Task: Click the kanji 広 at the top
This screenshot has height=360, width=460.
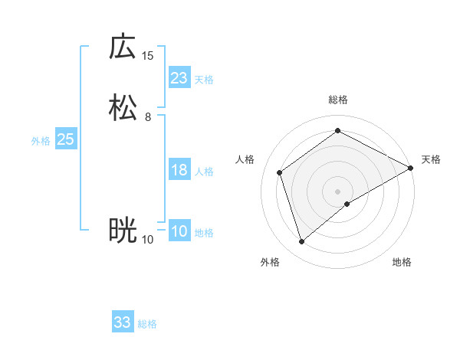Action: click(x=123, y=47)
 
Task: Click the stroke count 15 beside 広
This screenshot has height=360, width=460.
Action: click(x=148, y=55)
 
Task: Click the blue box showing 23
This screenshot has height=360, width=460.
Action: click(x=179, y=78)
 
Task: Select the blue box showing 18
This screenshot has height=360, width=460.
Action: click(x=179, y=170)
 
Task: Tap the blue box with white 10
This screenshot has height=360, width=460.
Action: click(x=179, y=231)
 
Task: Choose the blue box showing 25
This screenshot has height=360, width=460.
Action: click(x=65, y=139)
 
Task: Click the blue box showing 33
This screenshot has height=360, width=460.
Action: click(x=123, y=322)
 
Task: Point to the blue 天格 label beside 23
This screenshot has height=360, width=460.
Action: click(x=204, y=80)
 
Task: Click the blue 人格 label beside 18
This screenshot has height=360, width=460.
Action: click(x=204, y=172)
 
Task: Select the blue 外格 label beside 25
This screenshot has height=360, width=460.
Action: click(x=41, y=141)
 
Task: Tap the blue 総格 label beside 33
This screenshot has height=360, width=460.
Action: click(x=147, y=324)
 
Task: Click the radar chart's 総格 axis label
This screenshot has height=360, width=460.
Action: click(x=338, y=100)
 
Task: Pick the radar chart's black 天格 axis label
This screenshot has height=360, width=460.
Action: click(x=431, y=159)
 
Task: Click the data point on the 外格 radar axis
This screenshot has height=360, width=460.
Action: click(x=301, y=242)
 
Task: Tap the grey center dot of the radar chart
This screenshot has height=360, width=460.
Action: click(x=338, y=191)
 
